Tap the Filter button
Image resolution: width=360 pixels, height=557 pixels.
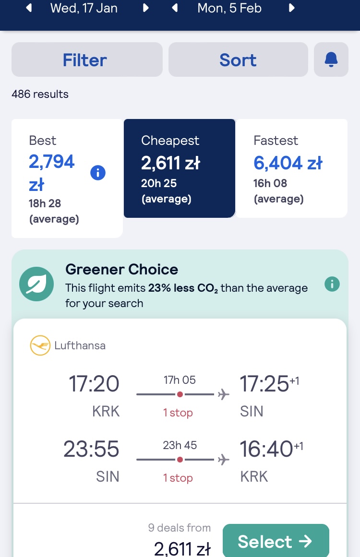87,59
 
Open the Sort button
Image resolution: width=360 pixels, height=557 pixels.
238,59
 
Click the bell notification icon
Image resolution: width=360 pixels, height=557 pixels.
331,59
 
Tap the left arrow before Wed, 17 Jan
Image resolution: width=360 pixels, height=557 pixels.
29,8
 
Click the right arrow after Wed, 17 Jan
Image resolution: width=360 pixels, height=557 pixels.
146,8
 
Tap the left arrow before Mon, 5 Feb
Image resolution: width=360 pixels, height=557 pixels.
175,8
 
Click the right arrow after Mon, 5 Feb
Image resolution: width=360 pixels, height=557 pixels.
291,8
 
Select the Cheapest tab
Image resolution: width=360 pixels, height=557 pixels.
180,168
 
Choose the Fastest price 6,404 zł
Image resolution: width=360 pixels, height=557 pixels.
288,163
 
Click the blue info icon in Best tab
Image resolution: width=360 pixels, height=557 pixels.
98,173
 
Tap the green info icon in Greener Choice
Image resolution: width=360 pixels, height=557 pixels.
332,284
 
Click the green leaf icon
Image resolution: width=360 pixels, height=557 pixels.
36,284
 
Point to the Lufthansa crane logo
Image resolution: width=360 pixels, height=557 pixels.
40,345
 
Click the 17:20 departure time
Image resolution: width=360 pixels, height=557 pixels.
94,384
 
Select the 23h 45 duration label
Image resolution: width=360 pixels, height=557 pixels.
180,445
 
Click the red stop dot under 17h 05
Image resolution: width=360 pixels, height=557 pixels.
180,394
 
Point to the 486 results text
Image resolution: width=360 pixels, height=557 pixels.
40,94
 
